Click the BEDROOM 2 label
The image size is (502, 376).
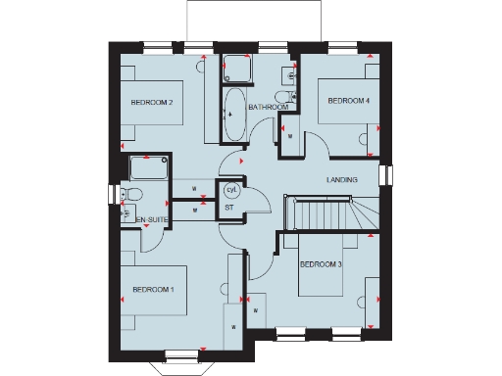point(152,103)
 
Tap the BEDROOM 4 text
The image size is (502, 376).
point(348,101)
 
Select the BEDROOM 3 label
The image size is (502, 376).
point(320,264)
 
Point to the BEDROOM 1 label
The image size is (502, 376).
point(152,289)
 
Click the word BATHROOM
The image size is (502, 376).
point(268,107)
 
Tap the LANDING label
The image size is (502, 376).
point(341,180)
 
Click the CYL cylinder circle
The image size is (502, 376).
point(232,189)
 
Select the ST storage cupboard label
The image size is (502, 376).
point(229,208)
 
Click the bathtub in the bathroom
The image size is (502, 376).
point(234,116)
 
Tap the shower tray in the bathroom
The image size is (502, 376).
point(236,69)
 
